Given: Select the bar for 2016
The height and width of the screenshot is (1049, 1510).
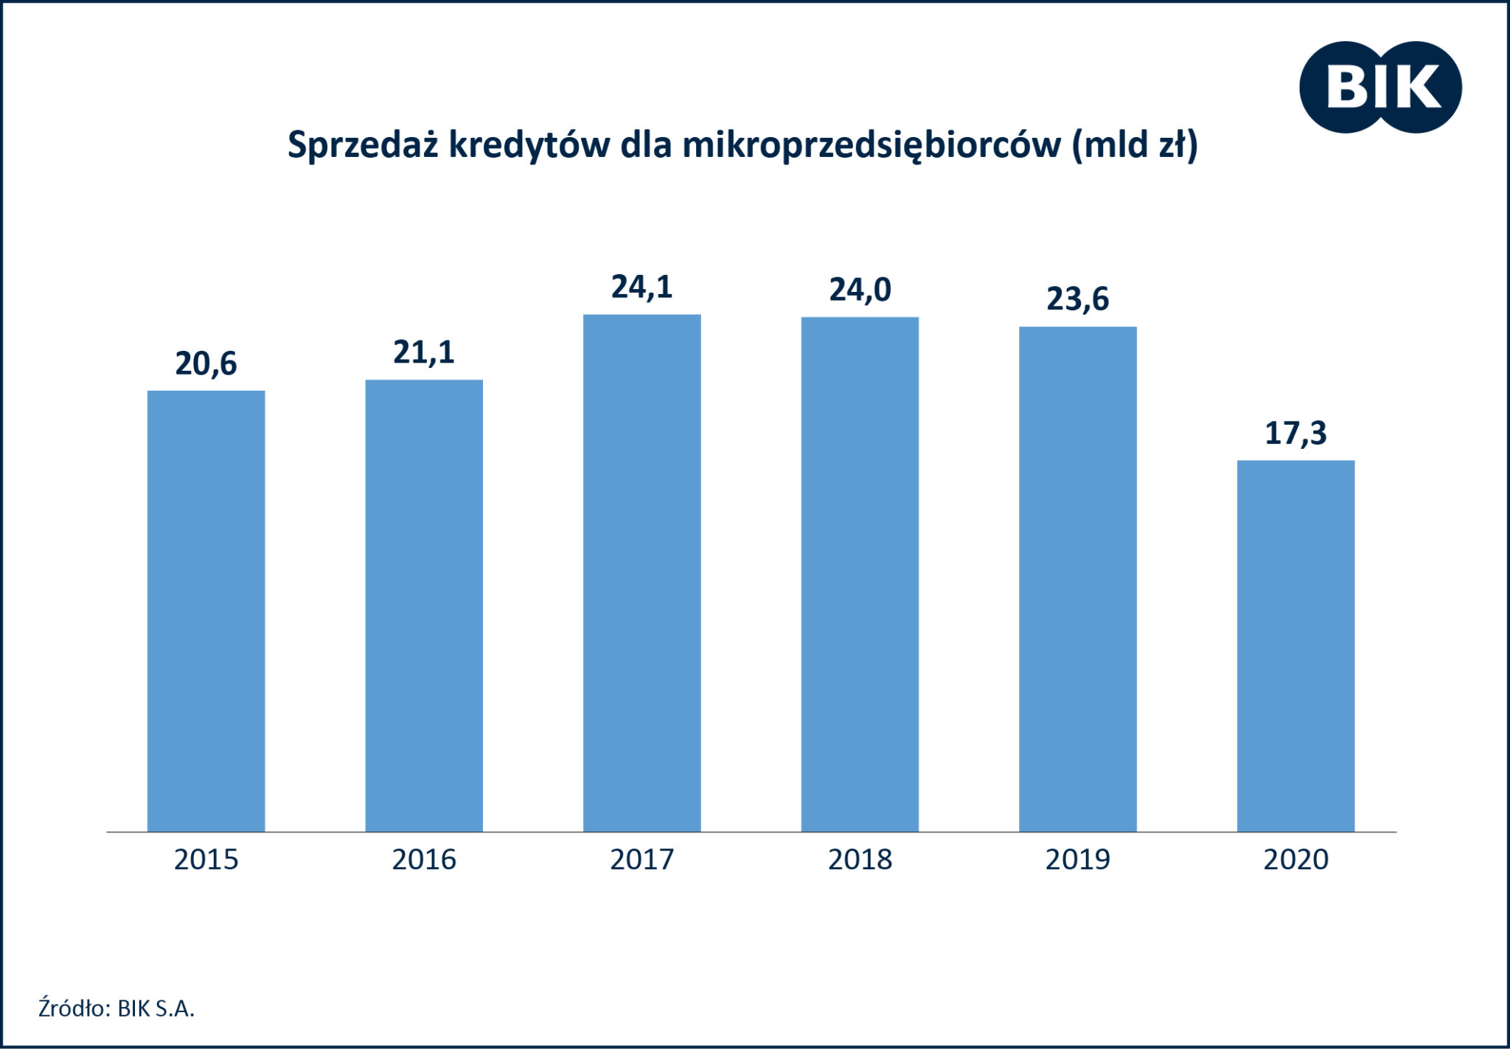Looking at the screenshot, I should [x=424, y=605].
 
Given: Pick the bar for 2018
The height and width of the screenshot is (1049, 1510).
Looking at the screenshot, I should [x=860, y=574].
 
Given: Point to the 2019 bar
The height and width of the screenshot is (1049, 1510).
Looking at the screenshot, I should [x=1077, y=579].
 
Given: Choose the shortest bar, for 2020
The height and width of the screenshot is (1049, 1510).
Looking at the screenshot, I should [x=1295, y=646].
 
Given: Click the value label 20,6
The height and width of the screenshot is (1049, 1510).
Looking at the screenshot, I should [x=206, y=364].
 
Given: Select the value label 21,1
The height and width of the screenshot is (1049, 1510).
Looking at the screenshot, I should [x=424, y=353].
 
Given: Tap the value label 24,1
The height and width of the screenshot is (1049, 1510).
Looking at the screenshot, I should [x=641, y=287].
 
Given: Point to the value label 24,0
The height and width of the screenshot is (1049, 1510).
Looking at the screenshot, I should [x=860, y=290].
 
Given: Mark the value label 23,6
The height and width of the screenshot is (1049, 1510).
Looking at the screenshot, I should [x=1077, y=299].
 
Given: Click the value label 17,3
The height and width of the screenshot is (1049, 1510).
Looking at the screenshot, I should [x=1295, y=433].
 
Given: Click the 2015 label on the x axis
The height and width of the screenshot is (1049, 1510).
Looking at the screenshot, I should [x=206, y=860].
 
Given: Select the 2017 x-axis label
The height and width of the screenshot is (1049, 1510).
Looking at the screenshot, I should [x=641, y=860].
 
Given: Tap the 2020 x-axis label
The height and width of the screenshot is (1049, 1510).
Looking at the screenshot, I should [x=1295, y=860].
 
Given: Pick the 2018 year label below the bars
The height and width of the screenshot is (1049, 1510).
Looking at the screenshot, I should [x=860, y=860].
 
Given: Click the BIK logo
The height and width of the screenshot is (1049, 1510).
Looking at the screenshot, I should [x=1380, y=87].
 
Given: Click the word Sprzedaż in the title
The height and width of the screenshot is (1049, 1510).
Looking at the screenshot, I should [x=364, y=145].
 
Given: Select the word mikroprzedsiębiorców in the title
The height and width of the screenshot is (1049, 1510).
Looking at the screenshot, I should [x=871, y=145].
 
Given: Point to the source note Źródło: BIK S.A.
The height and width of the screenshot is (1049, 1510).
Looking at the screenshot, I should [x=116, y=1008].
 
